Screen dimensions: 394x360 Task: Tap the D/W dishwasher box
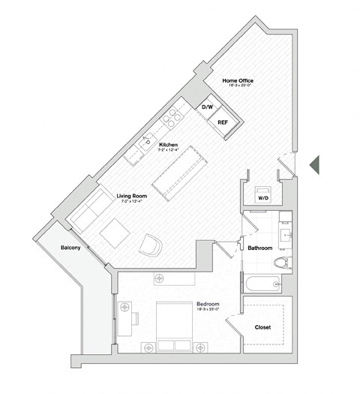coord(206,107)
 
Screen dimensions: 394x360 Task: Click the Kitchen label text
coord(167,145)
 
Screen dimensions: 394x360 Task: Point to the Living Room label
coord(131,197)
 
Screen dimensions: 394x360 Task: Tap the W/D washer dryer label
coord(263,199)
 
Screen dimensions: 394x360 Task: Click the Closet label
coord(262,327)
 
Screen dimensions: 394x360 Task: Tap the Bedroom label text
coord(206,305)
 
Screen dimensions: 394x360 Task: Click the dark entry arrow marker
coord(316,163)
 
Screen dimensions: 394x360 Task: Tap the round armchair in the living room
coord(151,243)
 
